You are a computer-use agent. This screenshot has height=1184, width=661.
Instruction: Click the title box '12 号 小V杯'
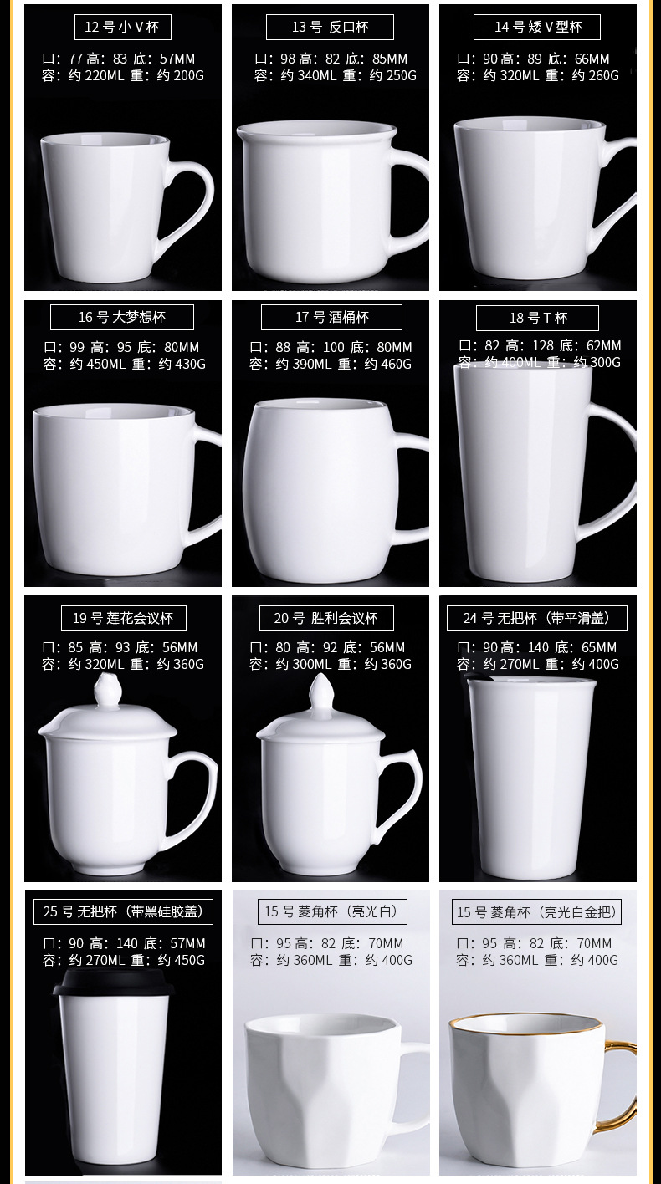coord(122,27)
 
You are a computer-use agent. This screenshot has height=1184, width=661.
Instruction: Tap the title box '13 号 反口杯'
coord(330,27)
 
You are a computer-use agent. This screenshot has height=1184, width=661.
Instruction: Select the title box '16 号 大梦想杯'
coord(122,317)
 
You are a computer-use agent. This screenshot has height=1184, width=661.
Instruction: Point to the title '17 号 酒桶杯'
coord(331,317)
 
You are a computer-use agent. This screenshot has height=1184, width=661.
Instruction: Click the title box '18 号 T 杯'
coord(537,318)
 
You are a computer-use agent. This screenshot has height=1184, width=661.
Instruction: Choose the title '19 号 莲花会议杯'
coord(123,618)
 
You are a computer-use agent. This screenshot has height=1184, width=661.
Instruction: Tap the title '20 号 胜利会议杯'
coord(326,618)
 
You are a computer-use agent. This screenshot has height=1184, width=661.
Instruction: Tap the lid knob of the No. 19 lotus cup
coord(106,692)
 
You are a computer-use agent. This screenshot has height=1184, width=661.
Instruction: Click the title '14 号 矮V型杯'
coord(537,27)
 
